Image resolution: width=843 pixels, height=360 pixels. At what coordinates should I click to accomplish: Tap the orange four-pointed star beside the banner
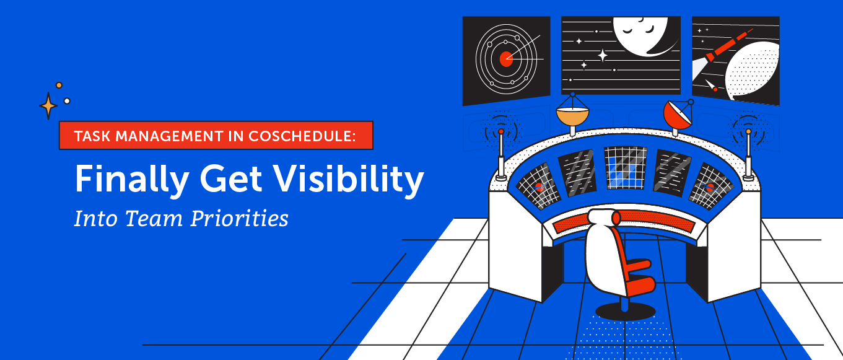(48, 106)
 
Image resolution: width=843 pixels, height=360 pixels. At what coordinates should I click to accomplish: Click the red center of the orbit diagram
(506, 59)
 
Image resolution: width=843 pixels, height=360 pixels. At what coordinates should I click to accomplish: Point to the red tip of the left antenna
(500, 131)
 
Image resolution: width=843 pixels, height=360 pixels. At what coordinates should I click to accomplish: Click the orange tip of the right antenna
(748, 131)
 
